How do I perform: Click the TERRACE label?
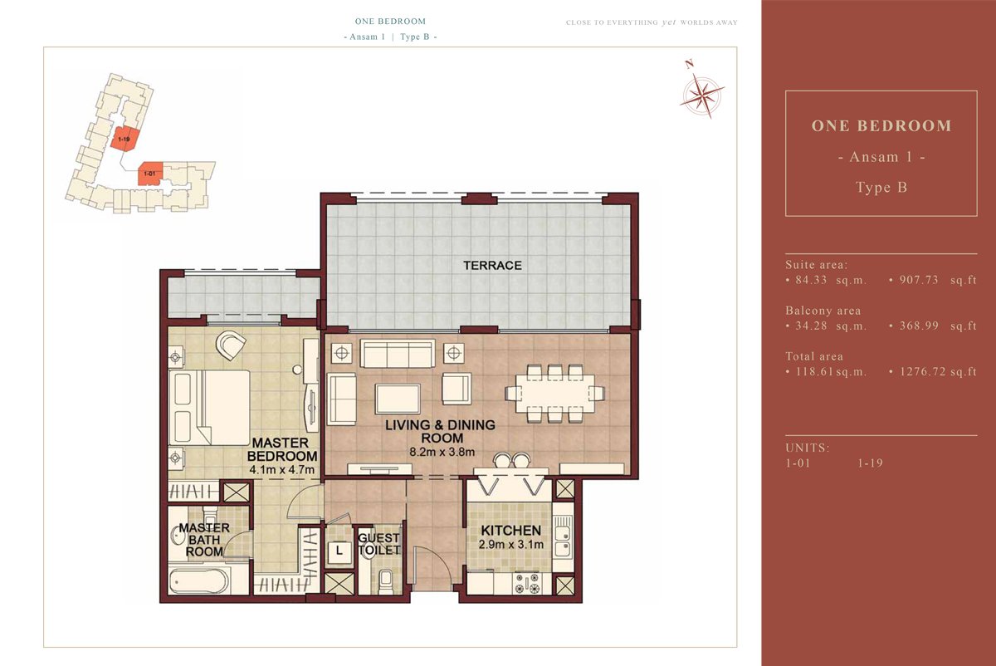coord(492,266)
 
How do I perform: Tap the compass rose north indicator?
coord(689,64)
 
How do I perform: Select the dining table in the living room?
coord(555,394)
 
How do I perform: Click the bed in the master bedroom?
coord(209,408)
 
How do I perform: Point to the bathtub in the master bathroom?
coord(200,580)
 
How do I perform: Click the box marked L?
coord(339,551)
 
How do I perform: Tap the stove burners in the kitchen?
coord(527,584)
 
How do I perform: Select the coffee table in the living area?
coord(398,399)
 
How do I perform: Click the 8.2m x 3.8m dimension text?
coord(442,452)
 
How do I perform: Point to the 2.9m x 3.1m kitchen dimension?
coord(511,544)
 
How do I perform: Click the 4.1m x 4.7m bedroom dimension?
coord(282,469)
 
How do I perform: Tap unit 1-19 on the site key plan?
coord(124,139)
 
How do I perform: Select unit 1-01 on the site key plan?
coord(150,174)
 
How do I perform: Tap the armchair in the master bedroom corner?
coord(231,345)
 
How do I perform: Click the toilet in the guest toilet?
coord(385,581)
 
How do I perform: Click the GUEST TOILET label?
coord(379,544)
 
